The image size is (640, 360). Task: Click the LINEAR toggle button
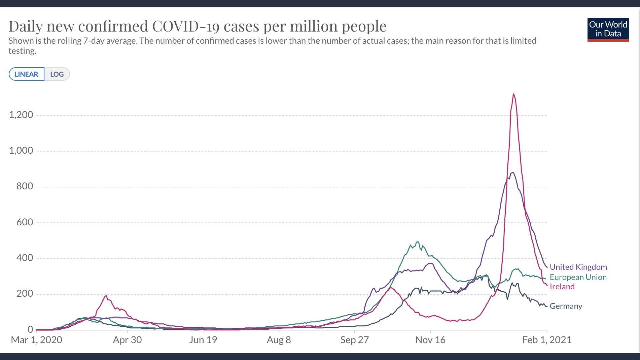(x=26, y=74)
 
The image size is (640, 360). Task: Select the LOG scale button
(x=57, y=74)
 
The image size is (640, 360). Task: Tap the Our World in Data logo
(x=608, y=29)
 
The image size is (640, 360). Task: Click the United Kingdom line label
(x=578, y=267)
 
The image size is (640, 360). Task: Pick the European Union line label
(x=578, y=277)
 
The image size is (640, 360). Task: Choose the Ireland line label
(x=562, y=287)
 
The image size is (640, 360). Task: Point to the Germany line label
(x=566, y=306)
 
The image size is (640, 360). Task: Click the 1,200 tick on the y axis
(x=21, y=115)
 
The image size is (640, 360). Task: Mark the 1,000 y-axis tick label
(x=21, y=151)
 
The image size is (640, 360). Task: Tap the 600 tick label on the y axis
(x=25, y=222)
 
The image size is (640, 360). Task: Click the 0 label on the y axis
(x=30, y=329)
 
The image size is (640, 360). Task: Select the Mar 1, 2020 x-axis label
(x=37, y=340)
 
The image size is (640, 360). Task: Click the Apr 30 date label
(x=127, y=340)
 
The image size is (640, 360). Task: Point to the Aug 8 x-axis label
(x=279, y=340)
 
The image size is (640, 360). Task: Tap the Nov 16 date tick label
(x=430, y=340)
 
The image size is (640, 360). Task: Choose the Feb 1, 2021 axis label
(x=547, y=340)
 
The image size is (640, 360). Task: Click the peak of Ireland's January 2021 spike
(x=513, y=94)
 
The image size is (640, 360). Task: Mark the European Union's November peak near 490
(x=417, y=242)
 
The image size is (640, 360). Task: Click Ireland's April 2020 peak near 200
(x=106, y=296)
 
